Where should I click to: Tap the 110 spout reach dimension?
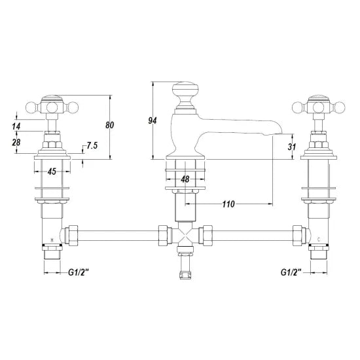pos(228,204)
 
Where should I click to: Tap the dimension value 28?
pos(16,142)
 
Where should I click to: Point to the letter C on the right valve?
pos(317,240)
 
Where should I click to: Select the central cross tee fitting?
pos(185,238)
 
